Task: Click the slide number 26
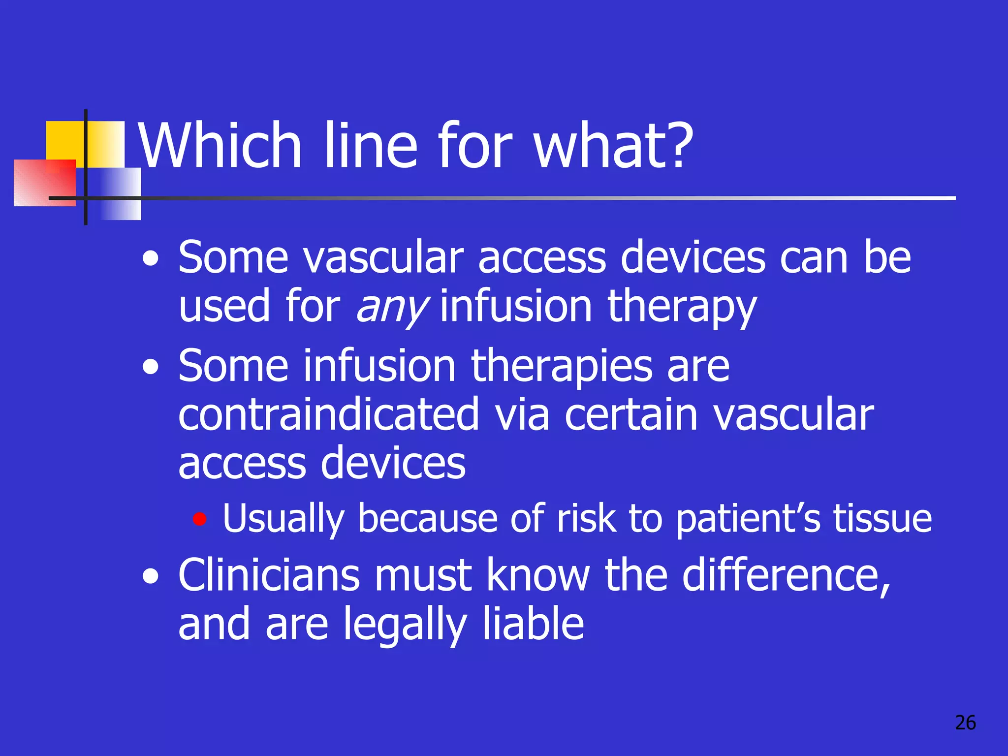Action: [965, 723]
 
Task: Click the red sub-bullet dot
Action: [199, 519]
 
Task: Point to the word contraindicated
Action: [328, 415]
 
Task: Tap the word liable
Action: [533, 624]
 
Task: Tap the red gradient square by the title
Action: [44, 182]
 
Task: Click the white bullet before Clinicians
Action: [151, 575]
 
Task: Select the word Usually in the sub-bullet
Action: [283, 519]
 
